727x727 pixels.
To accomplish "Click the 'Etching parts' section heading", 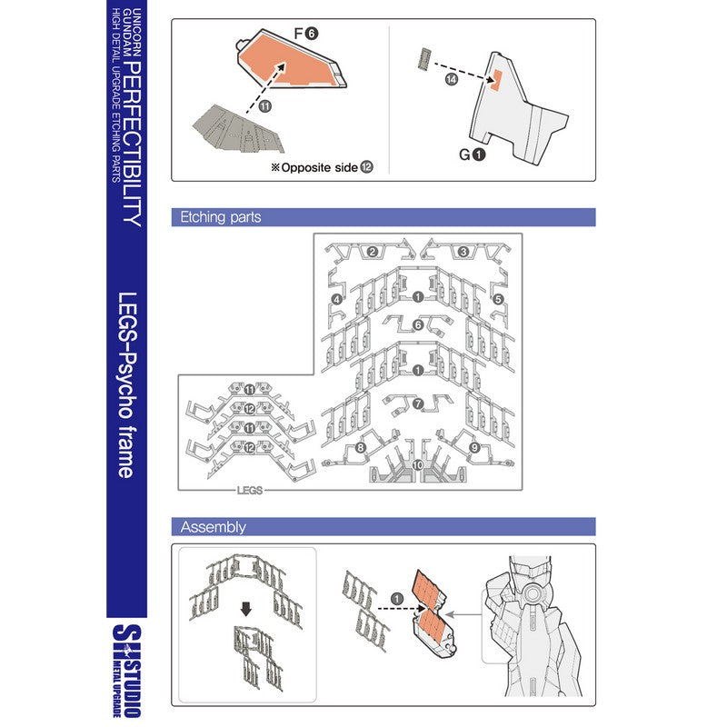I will pos(221,218).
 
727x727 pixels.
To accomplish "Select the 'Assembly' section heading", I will pos(214,527).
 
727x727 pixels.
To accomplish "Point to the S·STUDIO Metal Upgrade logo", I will pos(126,669).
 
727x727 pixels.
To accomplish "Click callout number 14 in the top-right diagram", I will pos(452,80).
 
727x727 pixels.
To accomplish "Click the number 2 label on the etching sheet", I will pos(372,252).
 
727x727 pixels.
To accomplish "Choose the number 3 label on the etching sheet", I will pos(463,252).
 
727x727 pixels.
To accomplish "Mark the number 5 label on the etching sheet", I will pos(498,298).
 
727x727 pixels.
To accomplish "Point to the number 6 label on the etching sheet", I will pos(417,325).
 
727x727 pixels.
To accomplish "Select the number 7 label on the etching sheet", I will pos(417,403).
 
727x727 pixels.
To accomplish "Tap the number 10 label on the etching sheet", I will pos(417,464).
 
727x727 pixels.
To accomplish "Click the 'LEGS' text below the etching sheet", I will pos(249,490).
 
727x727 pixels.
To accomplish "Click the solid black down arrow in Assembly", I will pos(245,608).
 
